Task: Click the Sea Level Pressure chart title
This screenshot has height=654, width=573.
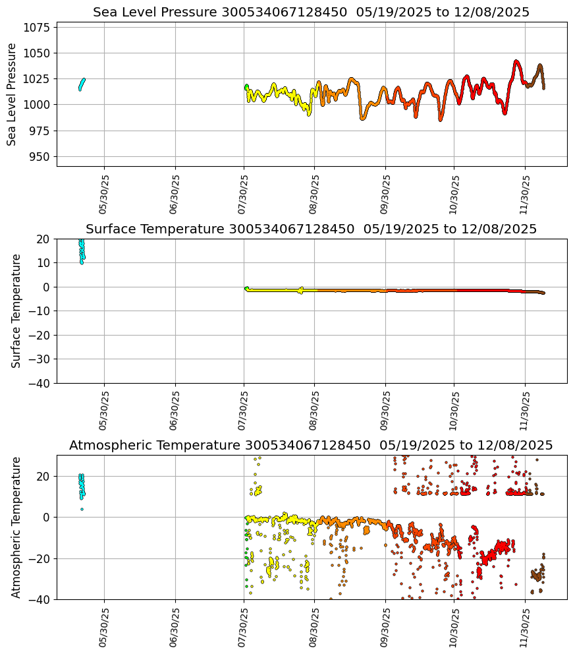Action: pyautogui.click(x=311, y=12)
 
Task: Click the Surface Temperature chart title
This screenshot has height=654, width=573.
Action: pyautogui.click(x=311, y=229)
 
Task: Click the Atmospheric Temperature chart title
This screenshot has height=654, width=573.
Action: pyautogui.click(x=311, y=446)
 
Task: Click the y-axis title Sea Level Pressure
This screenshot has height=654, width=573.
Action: pyautogui.click(x=12, y=94)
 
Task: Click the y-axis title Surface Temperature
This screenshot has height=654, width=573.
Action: pyautogui.click(x=17, y=311)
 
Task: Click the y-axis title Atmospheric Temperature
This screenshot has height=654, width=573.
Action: pyautogui.click(x=17, y=527)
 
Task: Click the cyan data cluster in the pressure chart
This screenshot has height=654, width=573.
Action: pyautogui.click(x=82, y=84)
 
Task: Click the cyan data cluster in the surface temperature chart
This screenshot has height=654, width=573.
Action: pyautogui.click(x=82, y=251)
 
